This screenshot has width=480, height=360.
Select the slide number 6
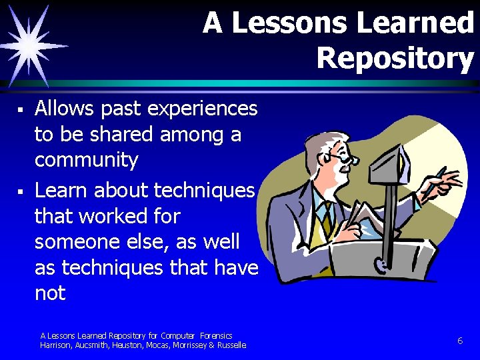pyautogui.click(x=460, y=341)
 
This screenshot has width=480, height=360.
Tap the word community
pyautogui.click(x=86, y=161)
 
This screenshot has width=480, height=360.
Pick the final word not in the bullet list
pyautogui.click(x=50, y=293)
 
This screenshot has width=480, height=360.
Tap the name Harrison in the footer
pyautogui.click(x=56, y=345)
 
